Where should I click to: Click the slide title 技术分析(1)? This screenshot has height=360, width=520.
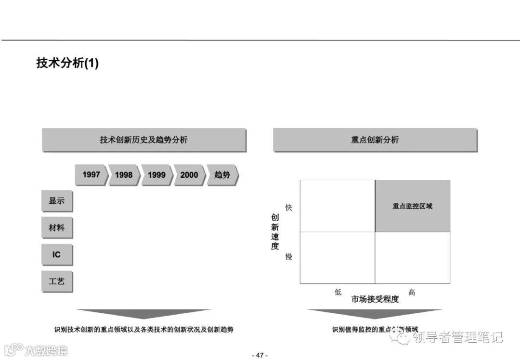67,63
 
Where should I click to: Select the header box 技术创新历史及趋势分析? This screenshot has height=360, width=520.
143,140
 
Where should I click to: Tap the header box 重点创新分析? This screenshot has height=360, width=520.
375,140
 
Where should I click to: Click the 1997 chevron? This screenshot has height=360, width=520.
91,175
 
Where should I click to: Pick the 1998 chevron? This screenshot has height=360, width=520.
124,175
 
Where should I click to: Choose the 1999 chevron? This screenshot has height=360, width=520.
156,175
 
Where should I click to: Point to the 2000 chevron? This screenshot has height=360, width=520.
189,175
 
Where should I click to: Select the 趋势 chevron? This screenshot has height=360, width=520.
222,175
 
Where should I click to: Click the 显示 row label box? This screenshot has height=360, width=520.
56,201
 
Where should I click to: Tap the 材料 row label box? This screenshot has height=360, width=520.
56,228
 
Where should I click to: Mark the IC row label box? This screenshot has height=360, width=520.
56,254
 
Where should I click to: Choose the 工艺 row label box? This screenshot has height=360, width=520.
56,281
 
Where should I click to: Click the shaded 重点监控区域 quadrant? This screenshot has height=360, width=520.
413,206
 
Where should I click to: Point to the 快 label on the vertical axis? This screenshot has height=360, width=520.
289,208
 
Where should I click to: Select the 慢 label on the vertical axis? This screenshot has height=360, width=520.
289,257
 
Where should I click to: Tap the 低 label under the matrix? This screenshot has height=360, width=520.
338,292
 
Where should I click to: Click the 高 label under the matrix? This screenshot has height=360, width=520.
412,292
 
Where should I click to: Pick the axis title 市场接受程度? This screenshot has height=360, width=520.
375,299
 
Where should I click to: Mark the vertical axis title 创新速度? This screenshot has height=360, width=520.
275,232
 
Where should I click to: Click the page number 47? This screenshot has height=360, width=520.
260,355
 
